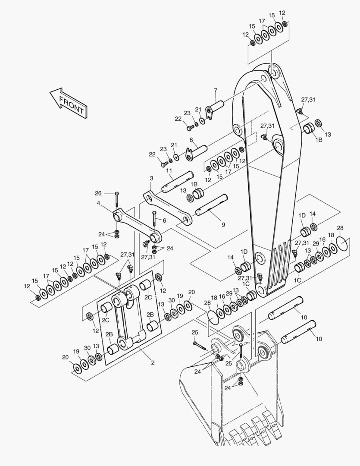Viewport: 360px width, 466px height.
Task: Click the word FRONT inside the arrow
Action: click(72, 104)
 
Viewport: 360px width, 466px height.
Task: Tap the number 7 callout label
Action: click(216, 90)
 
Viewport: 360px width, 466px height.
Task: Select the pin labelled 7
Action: click(215, 110)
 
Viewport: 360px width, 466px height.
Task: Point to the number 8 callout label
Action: click(191, 139)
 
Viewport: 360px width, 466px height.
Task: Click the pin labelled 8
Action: click(196, 151)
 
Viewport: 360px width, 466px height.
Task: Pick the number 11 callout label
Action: click(169, 170)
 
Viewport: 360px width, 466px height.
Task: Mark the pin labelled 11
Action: click(178, 182)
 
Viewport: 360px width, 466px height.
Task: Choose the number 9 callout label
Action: click(223, 225)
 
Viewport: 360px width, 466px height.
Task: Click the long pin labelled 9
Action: click(212, 205)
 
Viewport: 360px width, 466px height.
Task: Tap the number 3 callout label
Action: click(151, 178)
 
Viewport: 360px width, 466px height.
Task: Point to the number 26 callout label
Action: click(98, 193)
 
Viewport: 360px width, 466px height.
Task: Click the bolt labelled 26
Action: click(117, 200)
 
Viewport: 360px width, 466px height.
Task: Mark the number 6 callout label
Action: click(164, 220)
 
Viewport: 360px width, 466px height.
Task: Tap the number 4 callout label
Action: click(98, 203)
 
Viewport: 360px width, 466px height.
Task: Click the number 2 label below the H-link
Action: click(153, 363)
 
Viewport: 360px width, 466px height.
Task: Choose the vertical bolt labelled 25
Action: click(241, 350)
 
